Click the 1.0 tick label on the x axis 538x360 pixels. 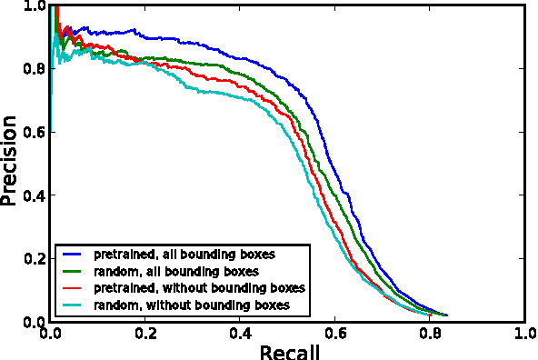pos(524,334)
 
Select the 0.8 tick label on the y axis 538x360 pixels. pos(35,69)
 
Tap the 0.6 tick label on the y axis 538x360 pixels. pos(35,133)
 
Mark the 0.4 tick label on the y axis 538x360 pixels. pos(35,196)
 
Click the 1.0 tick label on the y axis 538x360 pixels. pos(35,6)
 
